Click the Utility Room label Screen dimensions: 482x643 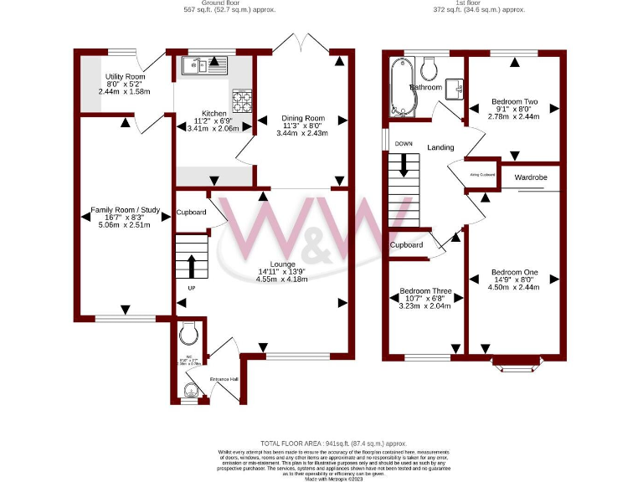[125, 77]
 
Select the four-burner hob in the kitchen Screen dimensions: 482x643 [242, 101]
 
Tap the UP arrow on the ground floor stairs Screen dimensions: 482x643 [192, 266]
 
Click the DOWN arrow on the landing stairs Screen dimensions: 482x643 [404, 162]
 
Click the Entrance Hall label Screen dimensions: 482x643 [224, 379]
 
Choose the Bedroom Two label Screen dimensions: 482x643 [513, 102]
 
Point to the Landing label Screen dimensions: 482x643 [440, 147]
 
